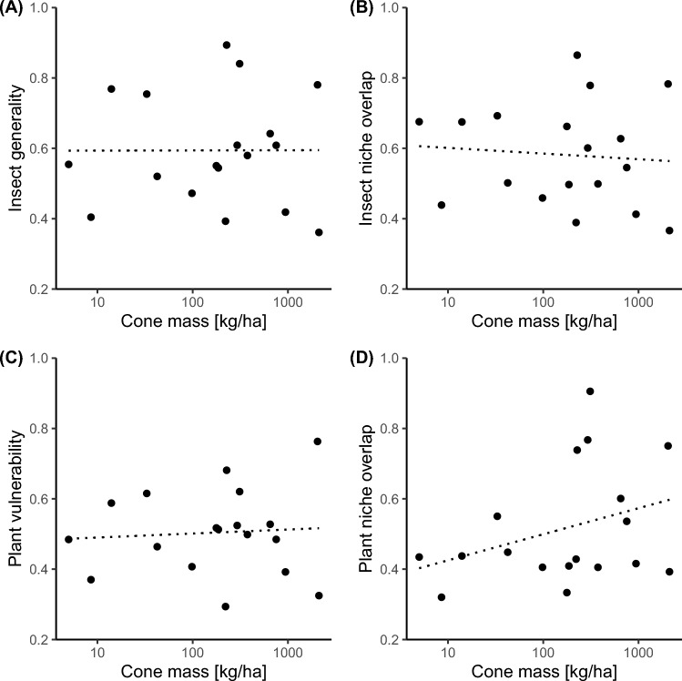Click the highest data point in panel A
227,45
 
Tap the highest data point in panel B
577,56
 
